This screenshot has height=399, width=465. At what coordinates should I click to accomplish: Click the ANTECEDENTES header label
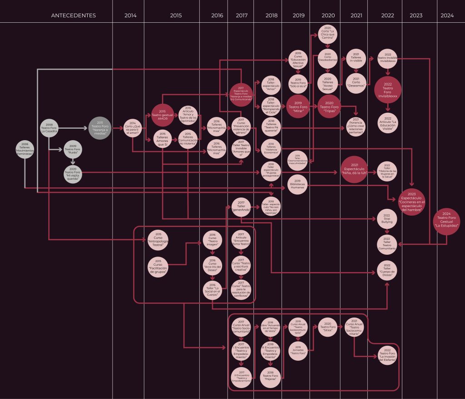[74, 15]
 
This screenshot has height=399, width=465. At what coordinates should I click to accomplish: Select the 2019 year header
[298, 15]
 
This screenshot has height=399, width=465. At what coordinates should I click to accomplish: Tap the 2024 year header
[447, 15]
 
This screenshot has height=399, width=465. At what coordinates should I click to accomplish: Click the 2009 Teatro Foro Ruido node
[73, 149]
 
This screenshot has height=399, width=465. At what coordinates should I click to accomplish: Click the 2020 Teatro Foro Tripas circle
[328, 107]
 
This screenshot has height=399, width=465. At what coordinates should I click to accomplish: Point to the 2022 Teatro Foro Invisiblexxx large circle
[387, 89]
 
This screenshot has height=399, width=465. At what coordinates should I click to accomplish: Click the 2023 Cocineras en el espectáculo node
[411, 202]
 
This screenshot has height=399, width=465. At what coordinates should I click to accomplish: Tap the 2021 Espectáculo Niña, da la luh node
[355, 170]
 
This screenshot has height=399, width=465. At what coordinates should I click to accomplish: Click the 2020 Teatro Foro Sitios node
[328, 327]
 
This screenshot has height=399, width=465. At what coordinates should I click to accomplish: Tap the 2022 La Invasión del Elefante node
[387, 356]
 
